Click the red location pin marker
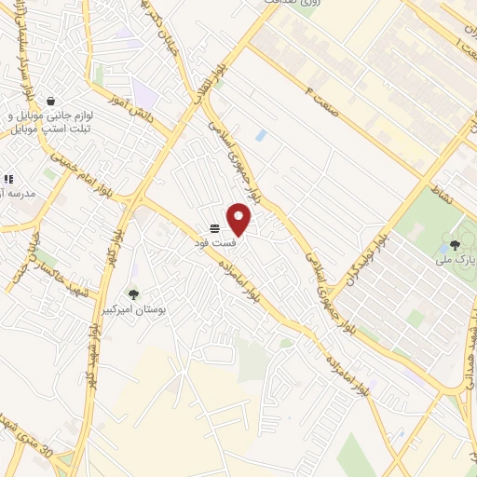tap(239, 219)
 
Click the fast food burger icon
tap(214, 228)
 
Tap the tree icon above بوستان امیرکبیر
tap(133, 294)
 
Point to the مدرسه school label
tap(19, 193)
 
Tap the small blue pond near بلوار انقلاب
tap(261, 136)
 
